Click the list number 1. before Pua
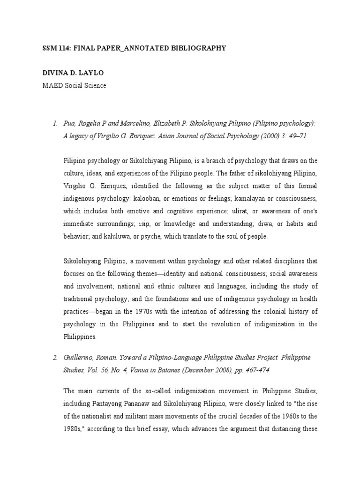(x=55, y=123)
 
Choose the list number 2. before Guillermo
(x=55, y=358)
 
